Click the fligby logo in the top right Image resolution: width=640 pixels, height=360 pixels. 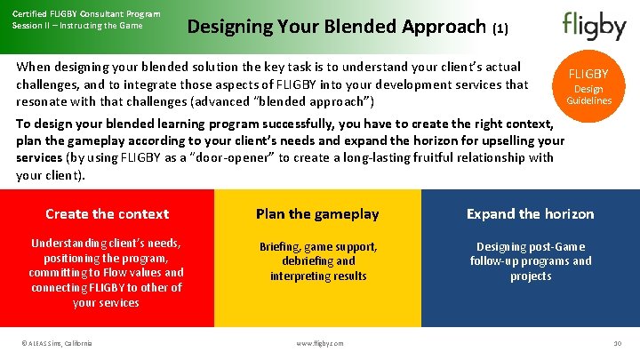[x=594, y=26]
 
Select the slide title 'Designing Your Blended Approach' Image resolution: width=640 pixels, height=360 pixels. [x=336, y=27]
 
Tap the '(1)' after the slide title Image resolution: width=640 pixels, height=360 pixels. [x=500, y=28]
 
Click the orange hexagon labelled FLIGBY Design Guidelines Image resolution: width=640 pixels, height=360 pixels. [x=588, y=86]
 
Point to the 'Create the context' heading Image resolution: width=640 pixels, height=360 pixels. [x=107, y=213]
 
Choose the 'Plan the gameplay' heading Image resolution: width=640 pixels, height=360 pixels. [x=317, y=213]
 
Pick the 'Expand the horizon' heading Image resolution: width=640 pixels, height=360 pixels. [x=531, y=213]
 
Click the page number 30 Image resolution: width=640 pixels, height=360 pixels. [x=617, y=344]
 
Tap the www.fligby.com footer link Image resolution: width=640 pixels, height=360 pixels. [x=319, y=344]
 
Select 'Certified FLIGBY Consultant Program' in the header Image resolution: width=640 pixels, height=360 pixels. [x=86, y=13]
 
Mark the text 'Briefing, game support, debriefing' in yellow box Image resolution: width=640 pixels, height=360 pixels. [x=318, y=253]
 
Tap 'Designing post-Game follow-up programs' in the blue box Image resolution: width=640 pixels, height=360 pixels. [x=531, y=253]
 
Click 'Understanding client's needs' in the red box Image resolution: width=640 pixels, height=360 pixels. [x=106, y=243]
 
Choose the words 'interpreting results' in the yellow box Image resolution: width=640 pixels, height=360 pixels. [x=318, y=276]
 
